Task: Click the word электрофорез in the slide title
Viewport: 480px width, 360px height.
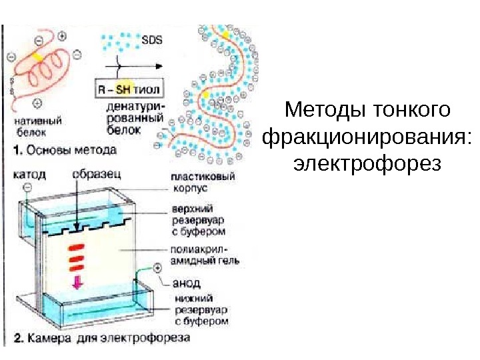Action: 367,163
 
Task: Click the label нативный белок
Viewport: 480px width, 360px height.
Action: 39,127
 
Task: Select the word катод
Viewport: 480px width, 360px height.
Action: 30,174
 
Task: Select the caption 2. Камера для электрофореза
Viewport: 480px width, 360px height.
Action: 101,339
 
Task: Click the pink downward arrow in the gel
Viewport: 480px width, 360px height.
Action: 77,281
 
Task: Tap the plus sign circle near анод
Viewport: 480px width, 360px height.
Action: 158,269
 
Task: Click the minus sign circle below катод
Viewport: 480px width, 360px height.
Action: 27,188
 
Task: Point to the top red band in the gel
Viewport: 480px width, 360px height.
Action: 77,247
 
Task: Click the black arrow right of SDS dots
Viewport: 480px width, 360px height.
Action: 139,67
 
